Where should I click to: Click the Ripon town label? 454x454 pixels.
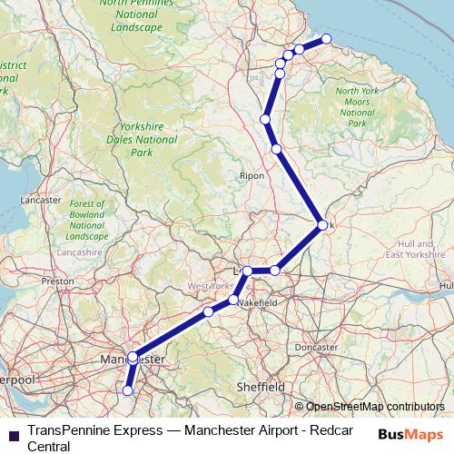click(252, 175)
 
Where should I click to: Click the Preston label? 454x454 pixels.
click(56, 281)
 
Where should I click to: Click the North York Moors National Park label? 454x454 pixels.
click(357, 106)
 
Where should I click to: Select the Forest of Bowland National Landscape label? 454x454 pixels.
click(87, 220)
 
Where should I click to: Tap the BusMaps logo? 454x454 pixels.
click(410, 433)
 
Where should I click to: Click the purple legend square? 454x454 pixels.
click(14, 433)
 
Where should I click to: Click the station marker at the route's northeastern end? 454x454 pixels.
click(327, 39)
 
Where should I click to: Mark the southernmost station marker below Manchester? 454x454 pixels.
click(128, 390)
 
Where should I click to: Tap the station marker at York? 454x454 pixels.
click(322, 225)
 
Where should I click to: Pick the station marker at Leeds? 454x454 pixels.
click(247, 271)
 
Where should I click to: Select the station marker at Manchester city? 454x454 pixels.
click(133, 357)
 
